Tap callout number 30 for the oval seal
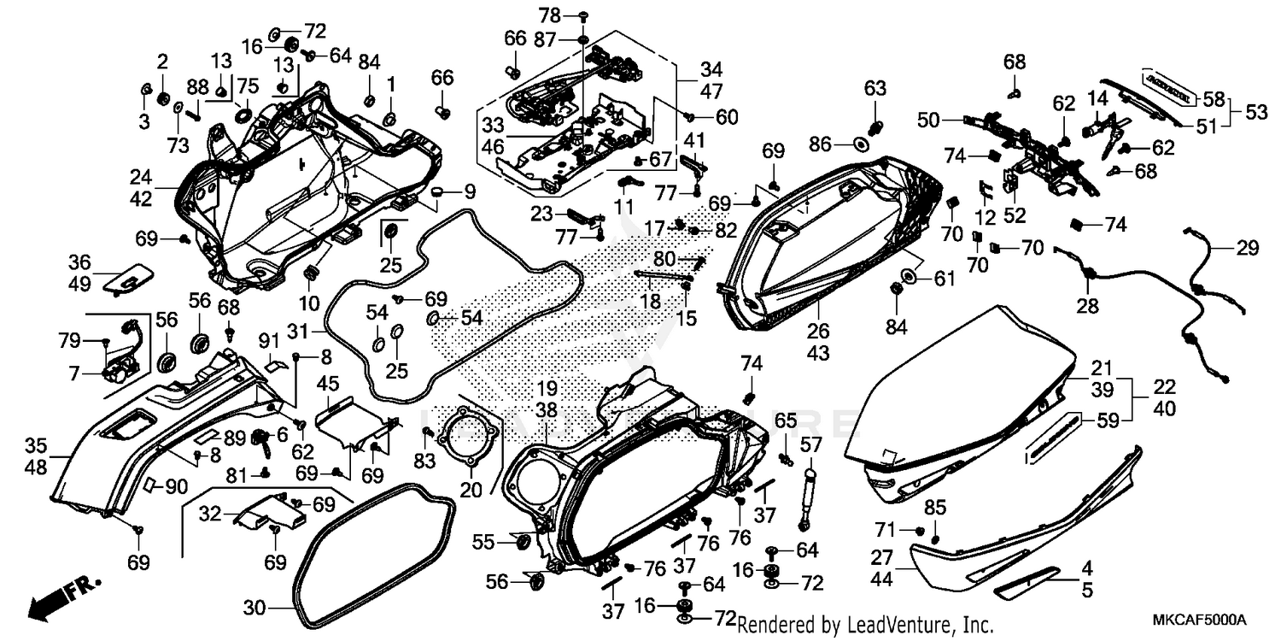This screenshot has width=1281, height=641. pos(254,609)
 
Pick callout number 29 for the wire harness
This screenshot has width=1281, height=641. pos(1248,249)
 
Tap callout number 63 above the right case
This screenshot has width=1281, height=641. pos(875,88)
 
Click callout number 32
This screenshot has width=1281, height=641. pos(211,515)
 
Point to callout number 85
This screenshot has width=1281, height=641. pos(935,508)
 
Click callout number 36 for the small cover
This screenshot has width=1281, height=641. pos(79,262)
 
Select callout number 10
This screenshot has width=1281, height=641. pos(308,303)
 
